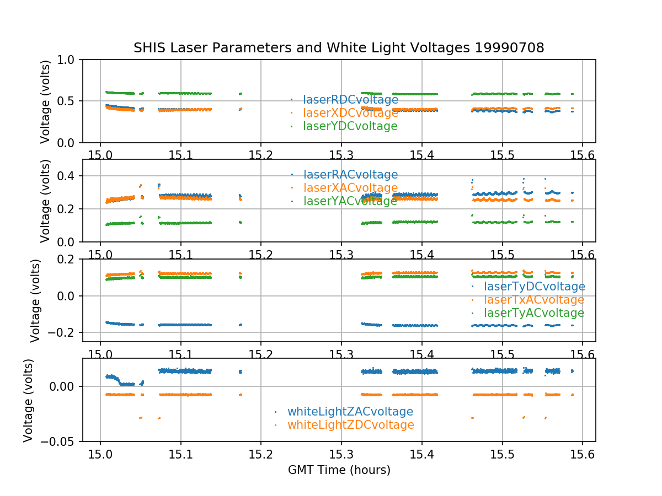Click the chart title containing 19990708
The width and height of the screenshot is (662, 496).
click(339, 48)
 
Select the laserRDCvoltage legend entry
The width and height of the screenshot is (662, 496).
click(350, 100)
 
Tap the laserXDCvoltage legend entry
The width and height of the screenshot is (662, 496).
click(350, 113)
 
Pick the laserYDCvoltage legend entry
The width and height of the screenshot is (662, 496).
click(350, 126)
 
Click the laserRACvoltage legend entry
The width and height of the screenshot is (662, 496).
click(350, 175)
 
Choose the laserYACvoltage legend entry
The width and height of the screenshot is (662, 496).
click(350, 201)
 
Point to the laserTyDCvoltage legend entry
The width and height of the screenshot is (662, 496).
click(534, 287)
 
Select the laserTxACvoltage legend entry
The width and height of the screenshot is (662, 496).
click(533, 300)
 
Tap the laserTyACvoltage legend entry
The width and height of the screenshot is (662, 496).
click(533, 313)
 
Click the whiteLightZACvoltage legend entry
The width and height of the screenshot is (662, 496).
click(350, 412)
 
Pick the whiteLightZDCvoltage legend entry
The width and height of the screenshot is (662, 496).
click(350, 425)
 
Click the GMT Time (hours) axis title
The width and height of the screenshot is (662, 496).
click(339, 470)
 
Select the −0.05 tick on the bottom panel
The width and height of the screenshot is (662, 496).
click(61, 441)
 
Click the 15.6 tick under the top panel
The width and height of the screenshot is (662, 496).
click(582, 154)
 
